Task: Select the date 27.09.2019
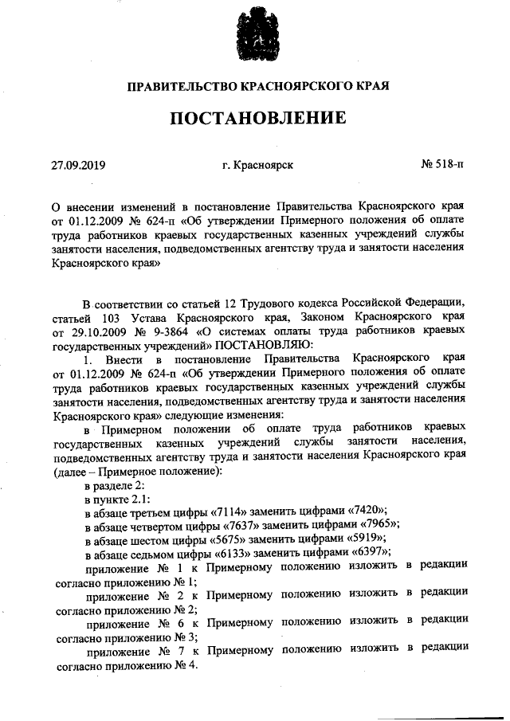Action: pos(78,167)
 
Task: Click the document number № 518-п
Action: pos(441,167)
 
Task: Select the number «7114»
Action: pos(232,511)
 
